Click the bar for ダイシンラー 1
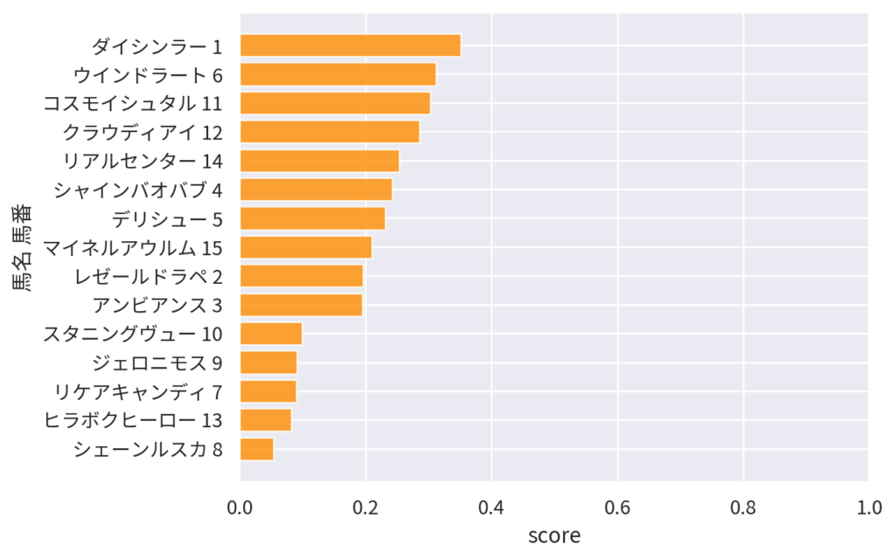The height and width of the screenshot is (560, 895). [x=350, y=45]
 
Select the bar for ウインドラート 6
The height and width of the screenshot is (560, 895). [x=337, y=74]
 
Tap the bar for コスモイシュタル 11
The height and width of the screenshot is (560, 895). [x=335, y=103]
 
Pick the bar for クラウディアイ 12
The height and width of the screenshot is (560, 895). [x=330, y=132]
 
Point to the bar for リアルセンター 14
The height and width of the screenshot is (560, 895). [x=319, y=161]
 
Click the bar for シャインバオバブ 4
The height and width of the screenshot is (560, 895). [x=316, y=190]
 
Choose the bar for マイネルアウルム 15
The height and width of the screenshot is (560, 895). [x=306, y=247]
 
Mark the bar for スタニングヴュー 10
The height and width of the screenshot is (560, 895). [x=271, y=334]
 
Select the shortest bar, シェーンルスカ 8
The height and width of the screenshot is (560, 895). [x=257, y=449]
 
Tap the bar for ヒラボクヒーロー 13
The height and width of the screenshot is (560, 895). [x=266, y=420]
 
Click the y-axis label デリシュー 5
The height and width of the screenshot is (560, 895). [x=167, y=218]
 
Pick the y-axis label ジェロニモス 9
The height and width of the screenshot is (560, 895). [x=157, y=363]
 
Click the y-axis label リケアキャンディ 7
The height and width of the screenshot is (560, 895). [x=138, y=391]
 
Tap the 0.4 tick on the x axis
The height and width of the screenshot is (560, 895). [x=491, y=507]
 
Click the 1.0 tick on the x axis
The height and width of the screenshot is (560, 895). [x=868, y=507]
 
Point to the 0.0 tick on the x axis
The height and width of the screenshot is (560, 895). [x=240, y=507]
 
